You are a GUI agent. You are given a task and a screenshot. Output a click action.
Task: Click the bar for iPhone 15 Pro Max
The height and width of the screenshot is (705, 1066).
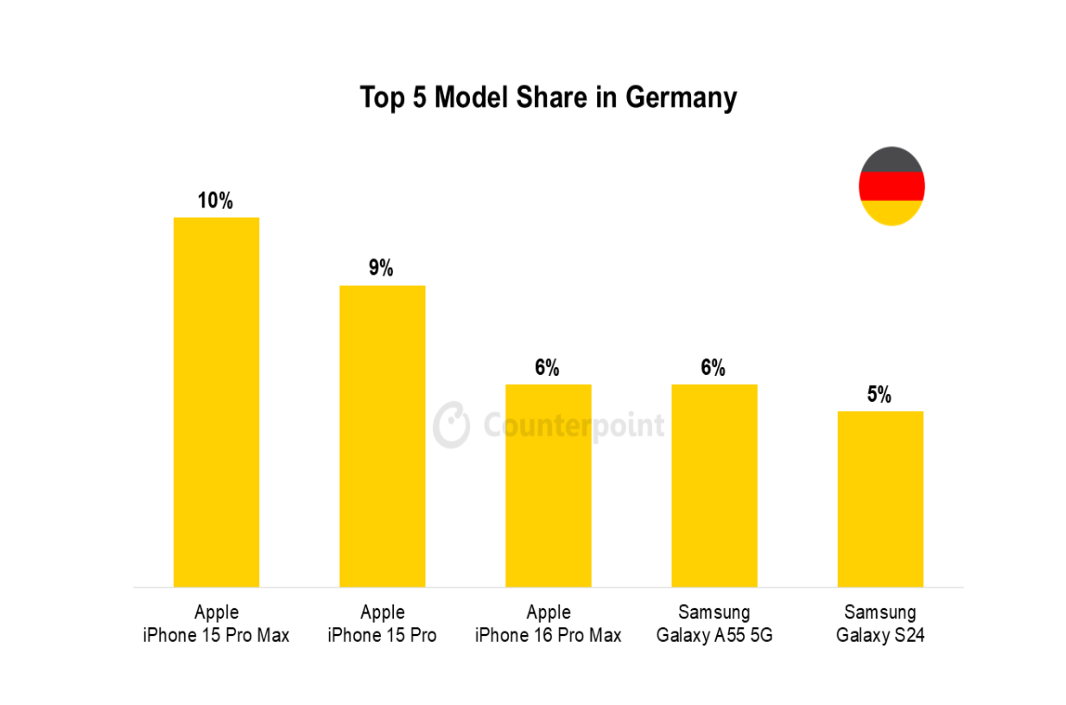tap(216, 402)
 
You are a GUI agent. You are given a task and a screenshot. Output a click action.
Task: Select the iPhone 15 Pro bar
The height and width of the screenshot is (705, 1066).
tap(382, 436)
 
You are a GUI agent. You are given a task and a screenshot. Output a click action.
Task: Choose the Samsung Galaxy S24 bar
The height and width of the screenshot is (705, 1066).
tap(879, 499)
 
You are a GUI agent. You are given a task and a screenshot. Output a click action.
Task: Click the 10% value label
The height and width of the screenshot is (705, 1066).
tap(215, 201)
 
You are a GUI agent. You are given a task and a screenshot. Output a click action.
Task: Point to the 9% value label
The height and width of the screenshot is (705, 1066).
tap(381, 269)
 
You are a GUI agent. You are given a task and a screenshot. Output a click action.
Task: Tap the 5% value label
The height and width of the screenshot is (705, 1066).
tap(879, 395)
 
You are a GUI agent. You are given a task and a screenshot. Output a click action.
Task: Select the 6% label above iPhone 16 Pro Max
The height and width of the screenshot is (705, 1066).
tap(547, 368)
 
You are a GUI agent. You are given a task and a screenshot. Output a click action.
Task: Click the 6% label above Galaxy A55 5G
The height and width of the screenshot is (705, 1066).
tap(713, 368)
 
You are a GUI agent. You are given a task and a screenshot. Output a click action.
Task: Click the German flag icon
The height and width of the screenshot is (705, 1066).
tap(891, 187)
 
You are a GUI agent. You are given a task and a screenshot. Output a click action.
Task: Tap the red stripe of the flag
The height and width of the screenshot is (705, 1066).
tap(891, 186)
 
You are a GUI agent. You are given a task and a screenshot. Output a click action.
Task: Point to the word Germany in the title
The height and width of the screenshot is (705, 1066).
tap(681, 98)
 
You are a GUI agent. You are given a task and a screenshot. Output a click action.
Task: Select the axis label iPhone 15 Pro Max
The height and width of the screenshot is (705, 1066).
tap(216, 636)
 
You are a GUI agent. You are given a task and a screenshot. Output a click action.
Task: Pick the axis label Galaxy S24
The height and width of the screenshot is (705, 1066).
tap(879, 636)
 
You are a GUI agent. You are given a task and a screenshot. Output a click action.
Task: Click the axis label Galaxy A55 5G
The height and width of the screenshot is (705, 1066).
tap(714, 636)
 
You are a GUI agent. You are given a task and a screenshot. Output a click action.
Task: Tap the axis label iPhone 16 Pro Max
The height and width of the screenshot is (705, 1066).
tap(548, 636)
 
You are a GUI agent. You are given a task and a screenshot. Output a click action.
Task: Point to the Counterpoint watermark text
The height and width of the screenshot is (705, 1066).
tap(574, 426)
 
